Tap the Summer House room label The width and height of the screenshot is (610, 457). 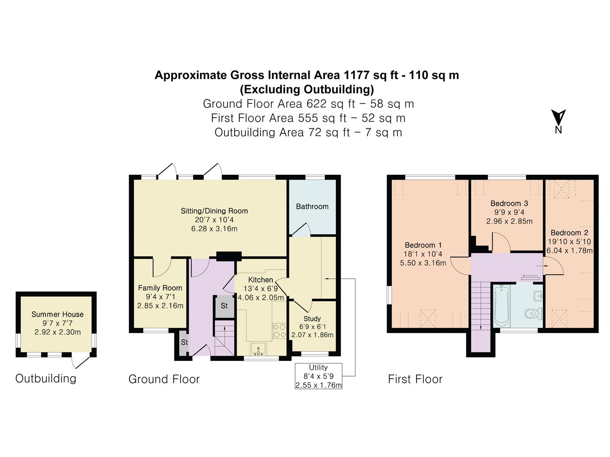pos(57,314)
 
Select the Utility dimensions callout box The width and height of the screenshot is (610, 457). pos(319,376)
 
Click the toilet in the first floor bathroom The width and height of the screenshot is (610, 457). pos(534,314)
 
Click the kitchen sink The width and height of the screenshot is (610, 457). pos(258,349)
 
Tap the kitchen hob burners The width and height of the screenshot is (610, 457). pos(279,331)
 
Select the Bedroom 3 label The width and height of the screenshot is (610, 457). pos(509,204)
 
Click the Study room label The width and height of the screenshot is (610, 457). pos(312,319)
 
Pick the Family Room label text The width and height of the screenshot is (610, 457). pos(160,288)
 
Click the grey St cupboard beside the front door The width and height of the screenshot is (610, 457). pos(184,343)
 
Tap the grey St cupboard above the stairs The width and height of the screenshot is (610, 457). pos(224,306)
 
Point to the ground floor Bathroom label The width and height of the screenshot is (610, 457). pos(312,206)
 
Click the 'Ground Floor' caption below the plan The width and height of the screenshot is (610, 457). pos(164,379)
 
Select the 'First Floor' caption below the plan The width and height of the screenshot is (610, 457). pos(415,379)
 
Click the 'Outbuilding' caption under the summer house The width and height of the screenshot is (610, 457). pos(46,378)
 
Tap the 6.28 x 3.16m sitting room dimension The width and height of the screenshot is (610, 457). pos(214,228)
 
